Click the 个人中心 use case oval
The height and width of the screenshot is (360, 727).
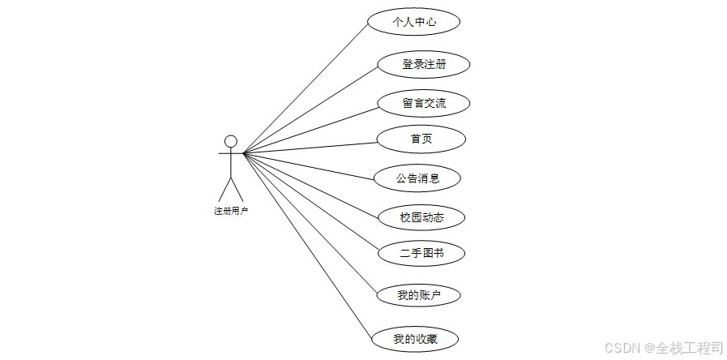coord(413,22)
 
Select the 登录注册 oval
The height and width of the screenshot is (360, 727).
coord(423,64)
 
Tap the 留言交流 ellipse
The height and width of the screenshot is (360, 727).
coord(423,103)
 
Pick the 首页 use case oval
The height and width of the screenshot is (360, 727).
coord(421,139)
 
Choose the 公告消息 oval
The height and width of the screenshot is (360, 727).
coord(417,178)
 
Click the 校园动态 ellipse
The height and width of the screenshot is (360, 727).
coord(421,217)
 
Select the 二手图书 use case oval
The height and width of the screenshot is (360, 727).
coord(421,253)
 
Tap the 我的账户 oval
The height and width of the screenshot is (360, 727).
coord(418,295)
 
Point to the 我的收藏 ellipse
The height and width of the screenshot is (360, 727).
coord(415,339)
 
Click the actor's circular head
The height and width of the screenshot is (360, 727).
coord(230,142)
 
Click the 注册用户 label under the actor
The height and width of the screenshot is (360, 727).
coord(230,211)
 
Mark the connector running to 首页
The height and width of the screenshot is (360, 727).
coord(310,148)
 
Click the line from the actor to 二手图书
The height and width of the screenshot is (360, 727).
coord(310,202)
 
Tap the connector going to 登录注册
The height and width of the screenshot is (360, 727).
coord(310,109)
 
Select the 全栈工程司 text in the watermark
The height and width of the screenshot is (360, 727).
coord(691,347)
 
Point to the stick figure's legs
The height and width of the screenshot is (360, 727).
coord(230,187)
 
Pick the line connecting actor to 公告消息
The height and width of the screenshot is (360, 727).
coord(308,165)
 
